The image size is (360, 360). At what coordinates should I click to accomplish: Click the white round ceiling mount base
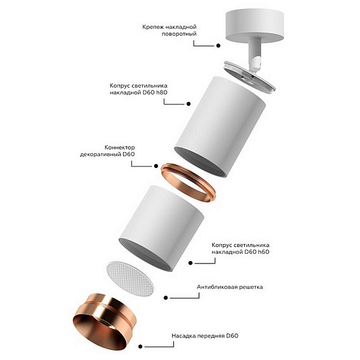(x=254, y=27)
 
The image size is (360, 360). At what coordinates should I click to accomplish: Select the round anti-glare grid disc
(x=131, y=278)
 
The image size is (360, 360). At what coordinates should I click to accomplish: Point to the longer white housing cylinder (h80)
(x=220, y=127)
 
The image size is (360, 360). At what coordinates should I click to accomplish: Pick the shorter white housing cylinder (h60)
(x=161, y=229)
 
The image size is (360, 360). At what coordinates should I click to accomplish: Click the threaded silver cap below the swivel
(x=248, y=77)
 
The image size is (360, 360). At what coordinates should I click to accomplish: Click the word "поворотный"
(x=179, y=34)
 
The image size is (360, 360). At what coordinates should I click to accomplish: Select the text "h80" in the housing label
(x=161, y=92)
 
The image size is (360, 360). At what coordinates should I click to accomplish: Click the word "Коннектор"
(x=119, y=148)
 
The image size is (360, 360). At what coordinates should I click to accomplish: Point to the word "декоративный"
(x=100, y=154)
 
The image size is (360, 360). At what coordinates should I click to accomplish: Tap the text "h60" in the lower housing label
(x=263, y=252)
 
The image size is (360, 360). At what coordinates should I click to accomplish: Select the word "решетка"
(x=251, y=287)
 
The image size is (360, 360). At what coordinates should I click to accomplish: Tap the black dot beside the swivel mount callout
(x=218, y=46)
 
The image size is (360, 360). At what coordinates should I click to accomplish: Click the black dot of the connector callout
(x=156, y=166)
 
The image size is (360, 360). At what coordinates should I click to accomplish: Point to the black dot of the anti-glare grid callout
(x=166, y=298)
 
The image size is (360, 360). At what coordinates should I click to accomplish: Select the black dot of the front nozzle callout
(x=140, y=346)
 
